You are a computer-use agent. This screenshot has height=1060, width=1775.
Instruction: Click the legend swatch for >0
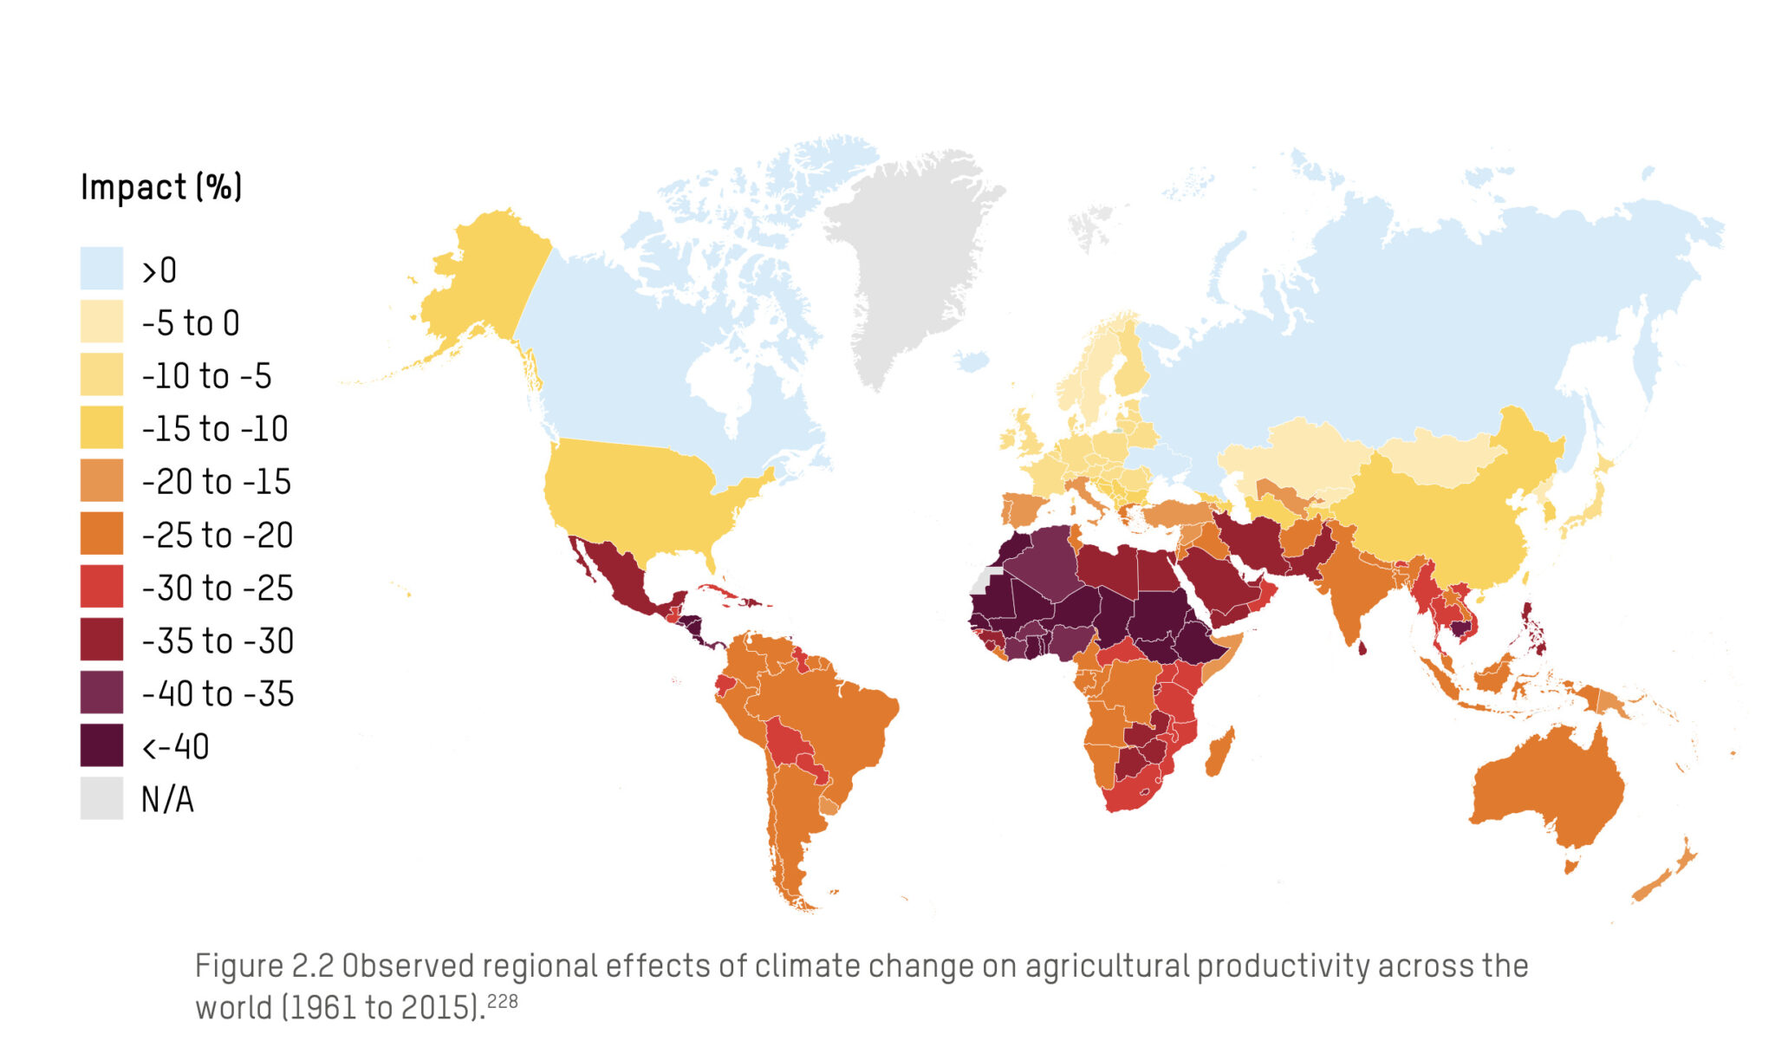point(101,269)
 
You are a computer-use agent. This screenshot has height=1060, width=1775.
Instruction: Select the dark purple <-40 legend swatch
point(101,745)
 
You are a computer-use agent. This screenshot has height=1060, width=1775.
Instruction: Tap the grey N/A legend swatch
point(101,798)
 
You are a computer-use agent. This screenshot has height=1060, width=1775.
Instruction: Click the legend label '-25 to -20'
point(218,535)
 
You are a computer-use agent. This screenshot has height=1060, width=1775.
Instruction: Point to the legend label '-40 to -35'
point(218,693)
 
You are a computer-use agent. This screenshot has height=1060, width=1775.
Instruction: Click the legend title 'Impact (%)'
point(161,187)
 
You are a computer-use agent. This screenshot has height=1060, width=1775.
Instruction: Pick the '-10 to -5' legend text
point(206,376)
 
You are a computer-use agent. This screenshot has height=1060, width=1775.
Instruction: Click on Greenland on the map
point(910,251)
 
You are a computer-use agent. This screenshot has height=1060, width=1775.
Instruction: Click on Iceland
point(973,361)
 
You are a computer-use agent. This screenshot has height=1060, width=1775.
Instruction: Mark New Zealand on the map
point(1668,875)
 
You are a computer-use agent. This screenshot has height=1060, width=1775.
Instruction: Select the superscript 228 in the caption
point(503,1001)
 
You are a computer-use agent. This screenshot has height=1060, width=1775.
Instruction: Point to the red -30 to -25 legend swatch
point(101,587)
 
